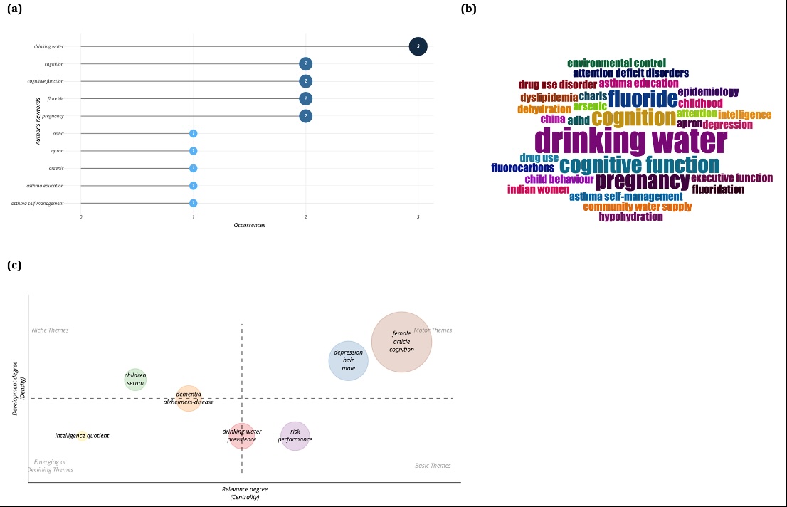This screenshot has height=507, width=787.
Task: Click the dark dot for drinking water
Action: pyautogui.click(x=418, y=46)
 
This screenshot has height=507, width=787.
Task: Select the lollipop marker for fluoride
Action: pyautogui.click(x=305, y=98)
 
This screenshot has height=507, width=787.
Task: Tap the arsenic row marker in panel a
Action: pyautogui.click(x=193, y=168)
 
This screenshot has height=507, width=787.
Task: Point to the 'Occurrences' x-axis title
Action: pyautogui.click(x=250, y=225)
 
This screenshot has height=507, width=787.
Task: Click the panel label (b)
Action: pyautogui.click(x=468, y=9)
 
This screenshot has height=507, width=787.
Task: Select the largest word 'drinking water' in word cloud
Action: pyautogui.click(x=630, y=140)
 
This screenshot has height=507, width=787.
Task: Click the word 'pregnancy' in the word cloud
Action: pyautogui.click(x=642, y=181)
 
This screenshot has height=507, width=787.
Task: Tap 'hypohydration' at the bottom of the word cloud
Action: pyautogui.click(x=630, y=216)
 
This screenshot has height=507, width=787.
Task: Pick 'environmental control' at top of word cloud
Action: pyautogui.click(x=616, y=63)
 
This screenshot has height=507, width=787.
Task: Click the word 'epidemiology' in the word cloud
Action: pyautogui.click(x=708, y=92)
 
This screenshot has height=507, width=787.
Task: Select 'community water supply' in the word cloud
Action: pyautogui.click(x=637, y=207)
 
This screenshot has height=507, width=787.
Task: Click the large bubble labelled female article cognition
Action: pyautogui.click(x=401, y=342)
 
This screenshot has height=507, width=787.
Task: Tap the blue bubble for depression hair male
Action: pyautogui.click(x=348, y=360)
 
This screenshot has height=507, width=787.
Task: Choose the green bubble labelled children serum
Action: pyautogui.click(x=135, y=379)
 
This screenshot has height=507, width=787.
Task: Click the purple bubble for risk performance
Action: pyautogui.click(x=295, y=436)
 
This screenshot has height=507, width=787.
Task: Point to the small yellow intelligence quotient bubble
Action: pyautogui.click(x=83, y=436)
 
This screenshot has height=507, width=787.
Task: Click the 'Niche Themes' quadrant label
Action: pyautogui.click(x=50, y=330)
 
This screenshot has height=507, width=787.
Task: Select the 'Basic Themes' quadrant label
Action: pyautogui.click(x=433, y=466)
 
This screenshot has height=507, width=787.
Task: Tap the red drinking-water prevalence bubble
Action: pyautogui.click(x=241, y=436)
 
